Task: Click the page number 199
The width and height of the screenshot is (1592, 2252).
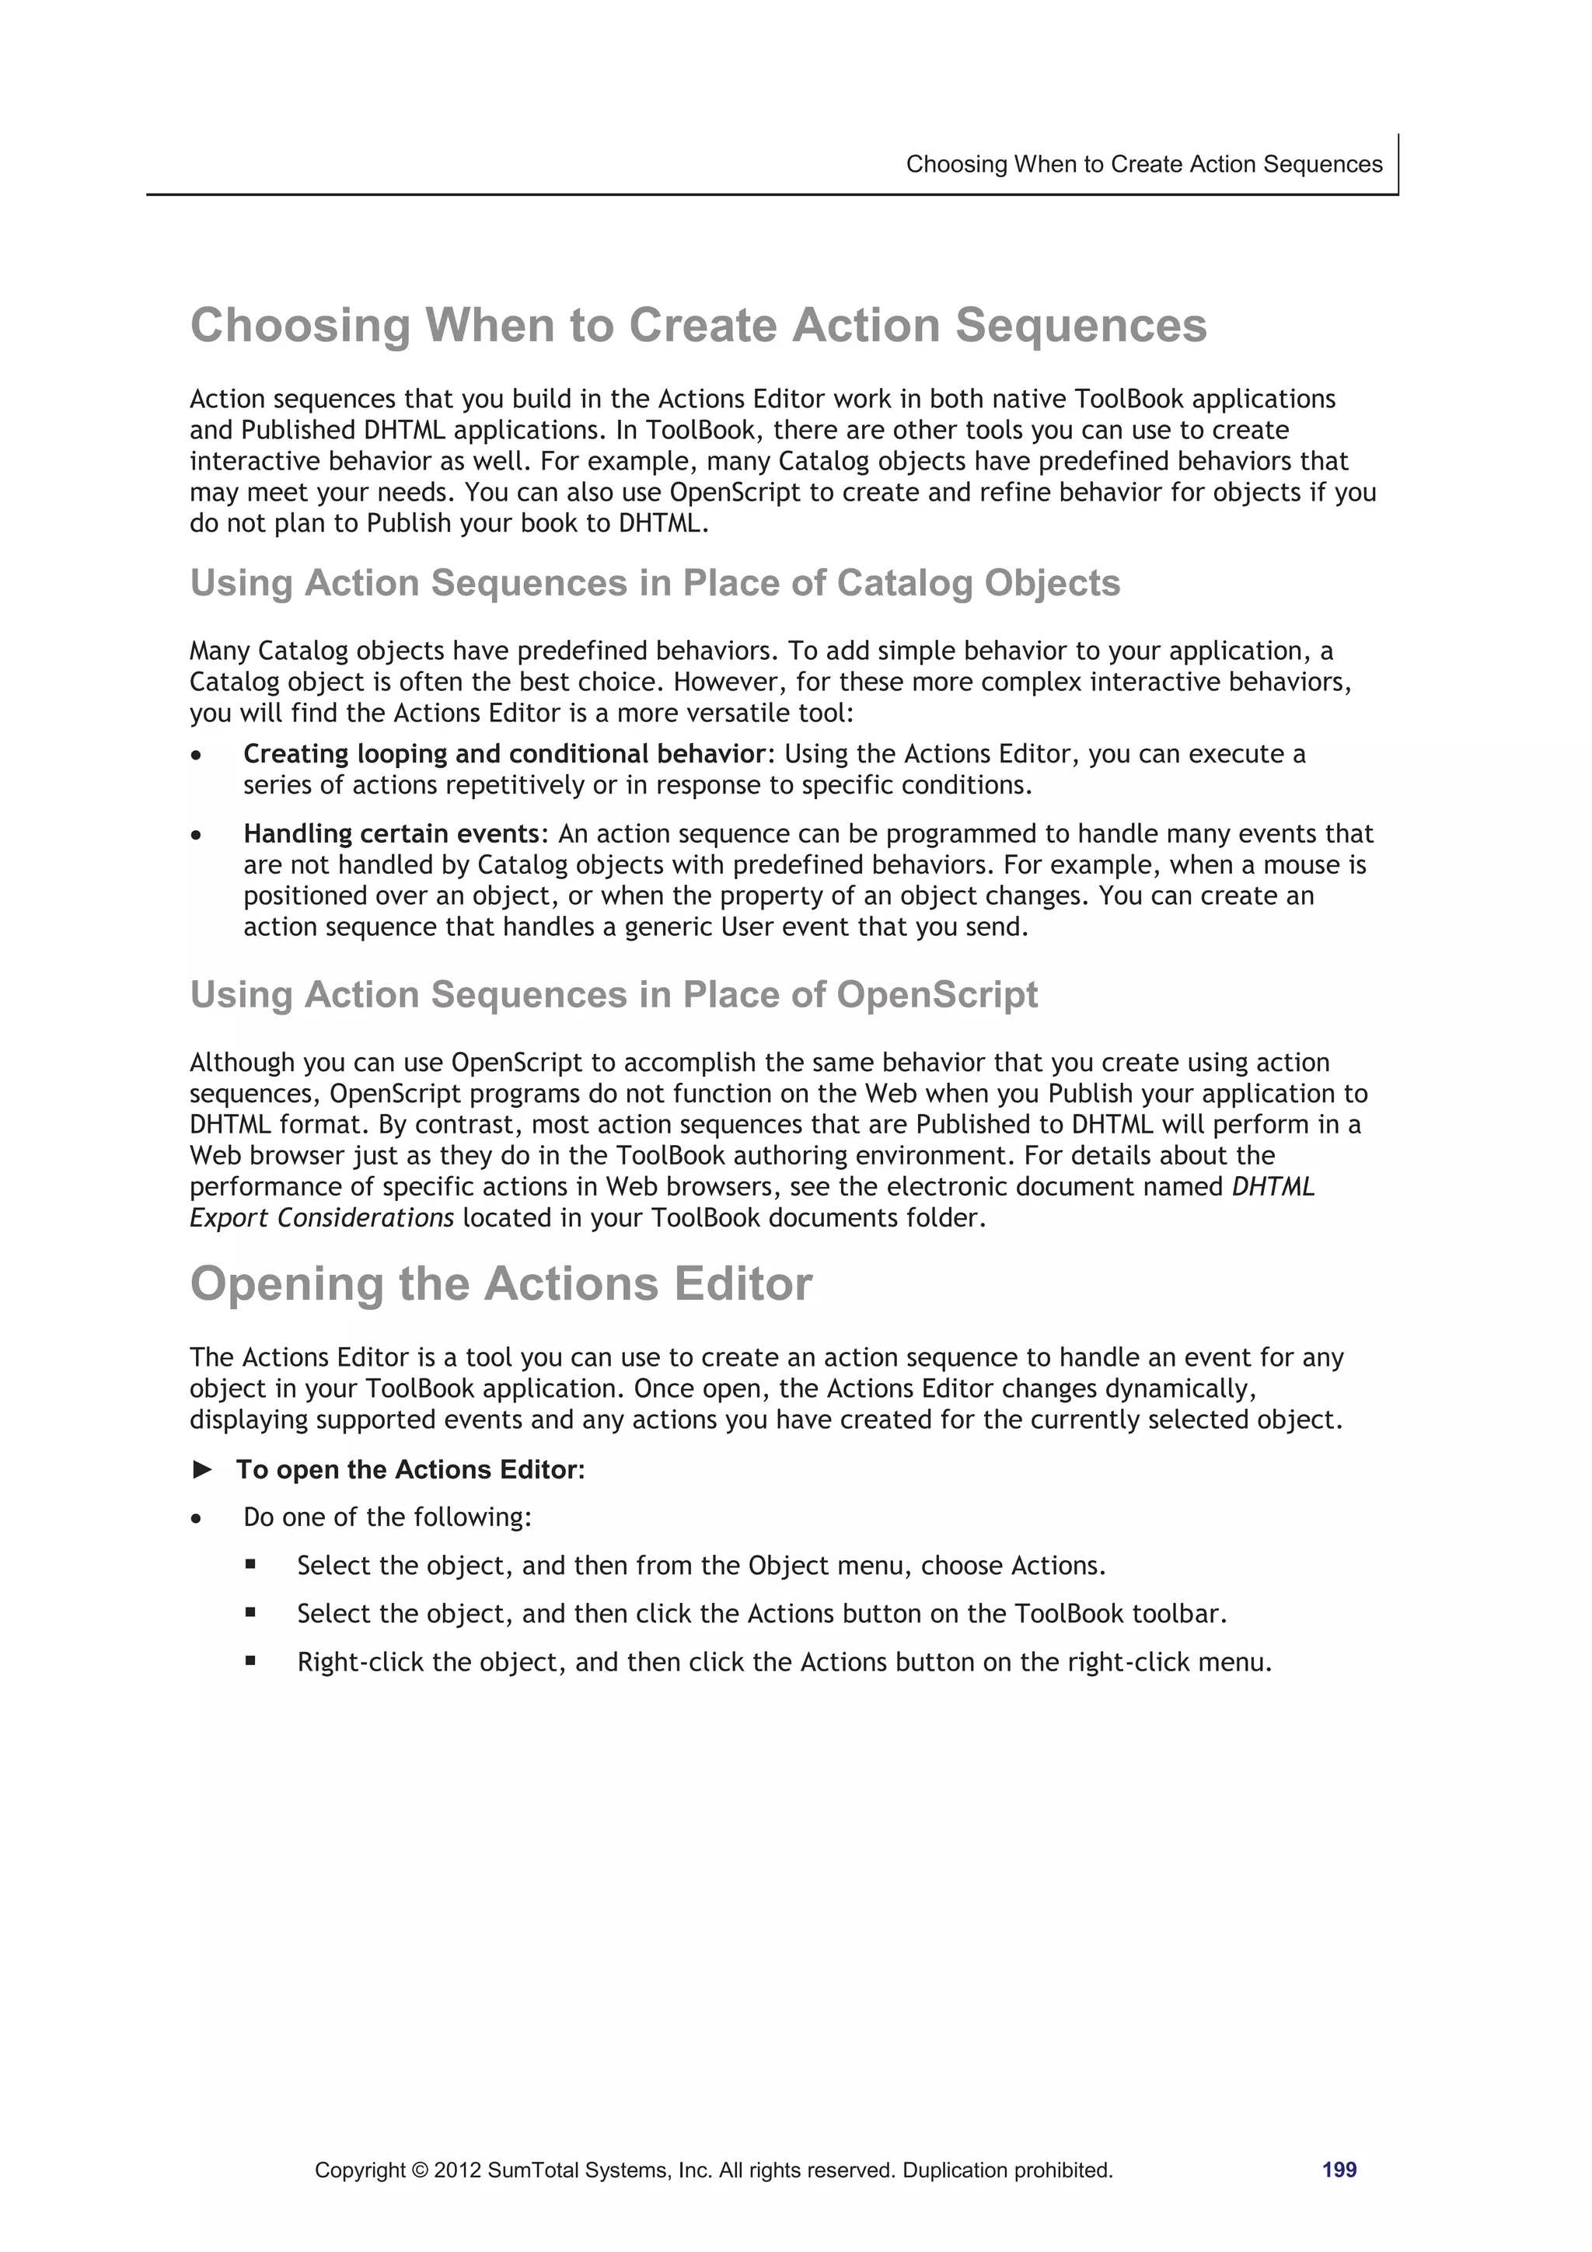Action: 1338,2170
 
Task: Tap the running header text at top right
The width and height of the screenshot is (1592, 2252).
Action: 1143,164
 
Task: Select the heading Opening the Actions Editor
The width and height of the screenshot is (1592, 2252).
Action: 501,1284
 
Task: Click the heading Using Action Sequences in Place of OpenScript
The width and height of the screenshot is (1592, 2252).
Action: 613,994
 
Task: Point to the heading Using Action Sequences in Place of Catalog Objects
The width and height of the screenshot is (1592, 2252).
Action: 655,582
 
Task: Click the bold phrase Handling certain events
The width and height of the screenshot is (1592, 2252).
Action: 391,833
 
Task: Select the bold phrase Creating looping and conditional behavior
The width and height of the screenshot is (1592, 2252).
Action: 503,753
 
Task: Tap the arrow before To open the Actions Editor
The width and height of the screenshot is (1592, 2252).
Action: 203,1469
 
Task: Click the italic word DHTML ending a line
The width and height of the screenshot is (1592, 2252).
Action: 1273,1187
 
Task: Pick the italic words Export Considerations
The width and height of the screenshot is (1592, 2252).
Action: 322,1218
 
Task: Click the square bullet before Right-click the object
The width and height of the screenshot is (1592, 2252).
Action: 251,1661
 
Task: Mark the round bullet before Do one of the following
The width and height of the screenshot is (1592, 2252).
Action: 197,1518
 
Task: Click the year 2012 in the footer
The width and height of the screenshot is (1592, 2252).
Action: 457,2170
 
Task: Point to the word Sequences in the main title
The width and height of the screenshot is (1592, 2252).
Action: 1081,326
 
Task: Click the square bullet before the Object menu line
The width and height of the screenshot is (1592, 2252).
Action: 251,1566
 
